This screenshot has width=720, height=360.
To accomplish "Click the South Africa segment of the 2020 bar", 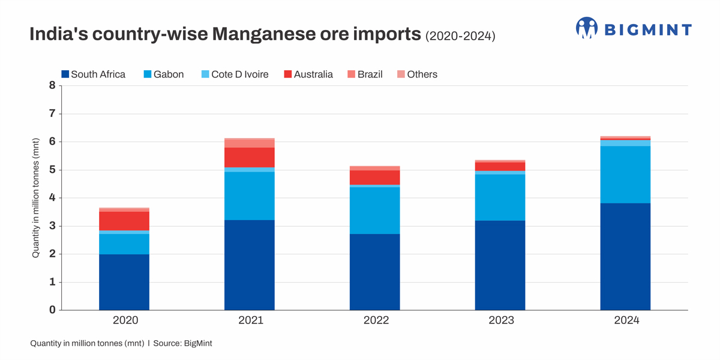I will point(124,282).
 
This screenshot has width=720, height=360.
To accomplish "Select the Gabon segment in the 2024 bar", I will point(625,175).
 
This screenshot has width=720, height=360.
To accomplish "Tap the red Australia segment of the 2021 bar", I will point(249,157).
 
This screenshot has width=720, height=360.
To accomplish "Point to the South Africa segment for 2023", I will point(500,265).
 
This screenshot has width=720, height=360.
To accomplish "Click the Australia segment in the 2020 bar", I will point(124,221).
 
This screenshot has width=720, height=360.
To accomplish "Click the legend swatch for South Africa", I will point(65,74).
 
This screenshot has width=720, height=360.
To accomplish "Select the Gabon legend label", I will point(169,74).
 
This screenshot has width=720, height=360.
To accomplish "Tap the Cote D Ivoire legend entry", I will point(239,74).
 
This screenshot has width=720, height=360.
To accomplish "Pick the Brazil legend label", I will point(370,74).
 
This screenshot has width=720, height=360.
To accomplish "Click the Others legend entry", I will point(422,74).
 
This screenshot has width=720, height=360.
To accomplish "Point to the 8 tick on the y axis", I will point(52,86).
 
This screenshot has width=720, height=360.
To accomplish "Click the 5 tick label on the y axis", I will point(52,170).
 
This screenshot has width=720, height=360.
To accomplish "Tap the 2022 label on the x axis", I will point(376,320).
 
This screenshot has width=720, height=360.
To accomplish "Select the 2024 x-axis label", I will point(626,320).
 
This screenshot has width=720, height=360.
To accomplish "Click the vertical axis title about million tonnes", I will point(36,198).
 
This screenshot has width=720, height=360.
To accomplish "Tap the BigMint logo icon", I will point(587,28).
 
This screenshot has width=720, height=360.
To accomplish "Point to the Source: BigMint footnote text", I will point(183,344).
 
